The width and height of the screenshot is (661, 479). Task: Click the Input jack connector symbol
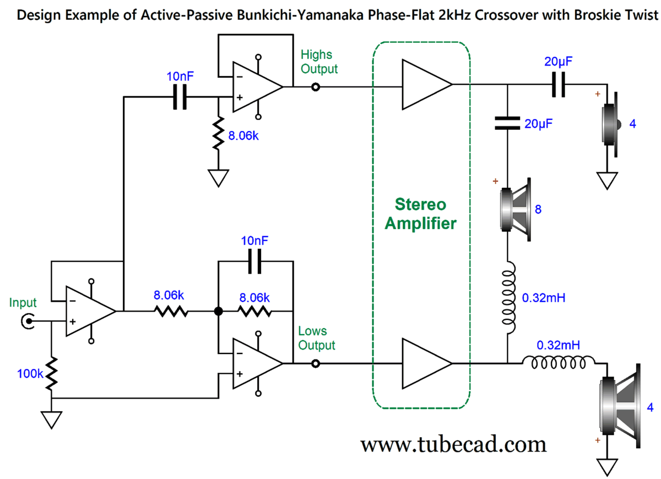(26, 320)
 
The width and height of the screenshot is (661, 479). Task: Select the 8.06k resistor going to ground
(218, 133)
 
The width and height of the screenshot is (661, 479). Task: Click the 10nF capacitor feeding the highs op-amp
(180, 97)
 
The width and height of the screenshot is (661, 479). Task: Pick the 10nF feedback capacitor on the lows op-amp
(254, 262)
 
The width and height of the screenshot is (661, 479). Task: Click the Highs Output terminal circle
(316, 86)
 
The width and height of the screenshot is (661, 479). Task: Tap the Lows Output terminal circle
(316, 363)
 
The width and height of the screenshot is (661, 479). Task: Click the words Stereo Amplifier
(421, 214)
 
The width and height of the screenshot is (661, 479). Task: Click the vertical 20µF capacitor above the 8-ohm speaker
(507, 124)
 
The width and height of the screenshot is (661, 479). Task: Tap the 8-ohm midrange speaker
(515, 209)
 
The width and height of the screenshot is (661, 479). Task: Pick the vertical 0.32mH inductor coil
(507, 297)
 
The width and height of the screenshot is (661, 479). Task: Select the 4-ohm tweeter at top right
(611, 124)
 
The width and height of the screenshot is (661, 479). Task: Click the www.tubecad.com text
(453, 443)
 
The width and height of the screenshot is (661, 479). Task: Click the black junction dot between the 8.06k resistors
(218, 312)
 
